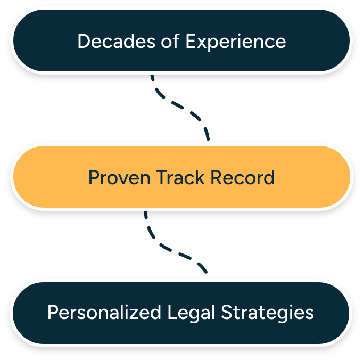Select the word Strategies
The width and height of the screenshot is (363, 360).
coord(267,313)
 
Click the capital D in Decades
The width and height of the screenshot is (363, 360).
coord(82,42)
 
